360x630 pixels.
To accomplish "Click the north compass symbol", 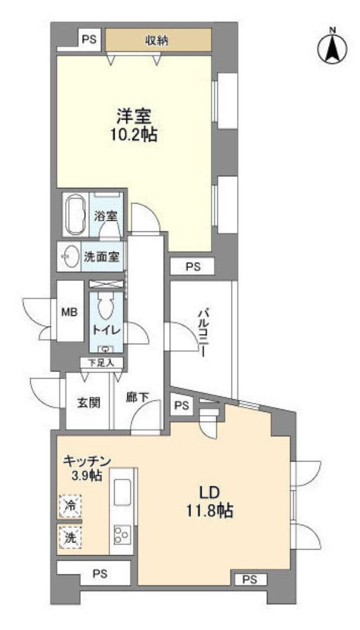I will click(332, 45).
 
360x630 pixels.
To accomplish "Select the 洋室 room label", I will click(133, 115).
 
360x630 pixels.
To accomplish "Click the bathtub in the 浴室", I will click(76, 214).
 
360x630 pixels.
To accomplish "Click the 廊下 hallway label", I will click(136, 399).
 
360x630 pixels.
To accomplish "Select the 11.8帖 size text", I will click(208, 512).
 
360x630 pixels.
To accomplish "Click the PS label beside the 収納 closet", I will click(89, 40).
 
